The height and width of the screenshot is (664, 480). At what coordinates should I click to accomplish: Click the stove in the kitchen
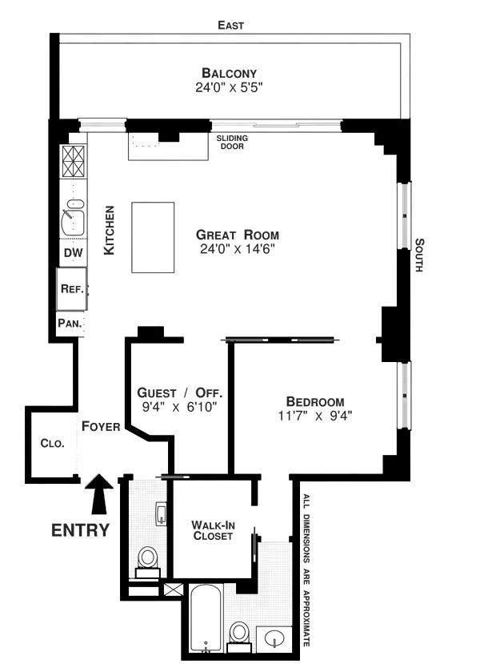coord(74,163)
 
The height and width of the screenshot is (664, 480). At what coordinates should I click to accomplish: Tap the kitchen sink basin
coord(74,218)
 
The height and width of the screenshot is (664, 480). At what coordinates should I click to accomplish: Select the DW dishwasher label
coord(72,254)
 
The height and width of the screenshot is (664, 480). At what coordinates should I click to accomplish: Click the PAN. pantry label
coord(67,324)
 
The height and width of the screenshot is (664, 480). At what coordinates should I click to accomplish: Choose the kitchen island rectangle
coord(153,238)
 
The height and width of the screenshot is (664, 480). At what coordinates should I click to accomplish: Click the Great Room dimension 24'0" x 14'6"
coord(238,250)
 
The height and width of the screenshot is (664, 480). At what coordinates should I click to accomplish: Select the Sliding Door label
coord(232,142)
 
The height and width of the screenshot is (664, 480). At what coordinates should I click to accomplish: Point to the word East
coord(231,26)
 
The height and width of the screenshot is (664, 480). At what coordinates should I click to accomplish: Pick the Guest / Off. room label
coord(180,393)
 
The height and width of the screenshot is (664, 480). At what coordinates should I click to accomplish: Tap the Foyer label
coord(101,427)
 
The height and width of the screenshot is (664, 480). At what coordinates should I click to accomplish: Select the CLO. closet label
coord(53,445)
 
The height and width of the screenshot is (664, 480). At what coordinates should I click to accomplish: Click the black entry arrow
coord(100,494)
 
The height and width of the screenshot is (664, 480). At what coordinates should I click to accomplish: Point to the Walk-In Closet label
coord(212,530)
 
